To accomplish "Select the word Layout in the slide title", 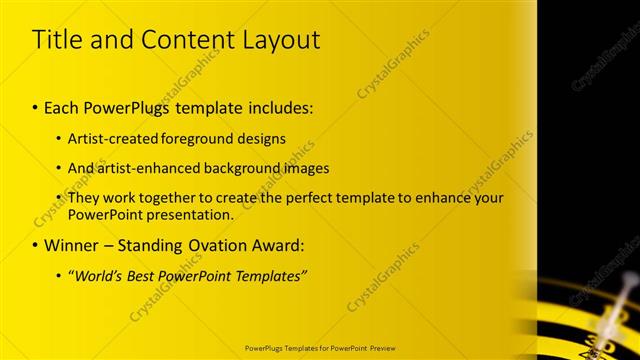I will [x=282, y=40].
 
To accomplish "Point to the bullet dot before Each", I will [x=35, y=105].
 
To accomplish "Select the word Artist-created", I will [x=112, y=138].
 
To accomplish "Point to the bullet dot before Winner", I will [x=35, y=245].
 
